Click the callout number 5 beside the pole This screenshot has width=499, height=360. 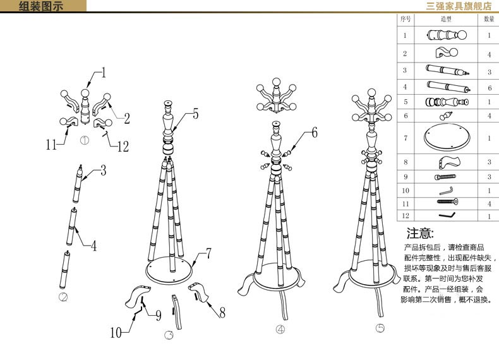coord(196,114)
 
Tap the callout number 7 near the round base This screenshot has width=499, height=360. coord(208,253)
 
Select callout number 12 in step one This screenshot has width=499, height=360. coord(123,147)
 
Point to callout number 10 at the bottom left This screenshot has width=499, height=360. coord(116,333)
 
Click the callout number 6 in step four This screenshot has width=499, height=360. coord(315,133)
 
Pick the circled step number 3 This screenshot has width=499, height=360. coord(169,335)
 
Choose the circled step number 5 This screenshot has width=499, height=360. coord(380,328)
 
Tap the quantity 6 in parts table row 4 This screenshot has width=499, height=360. coord(490,88)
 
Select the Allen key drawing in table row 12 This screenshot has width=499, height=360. coord(447,215)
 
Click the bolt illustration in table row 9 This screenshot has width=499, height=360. coord(445,177)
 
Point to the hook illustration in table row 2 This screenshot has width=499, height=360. coord(447,52)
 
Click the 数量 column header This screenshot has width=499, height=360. coord(489,19)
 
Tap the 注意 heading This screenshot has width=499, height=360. coord(420,233)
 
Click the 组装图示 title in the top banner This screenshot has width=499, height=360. coord(40,6)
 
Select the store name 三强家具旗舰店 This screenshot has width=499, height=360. coord(459,6)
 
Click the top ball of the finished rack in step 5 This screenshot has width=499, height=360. coord(371,93)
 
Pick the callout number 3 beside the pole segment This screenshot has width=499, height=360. coord(103,171)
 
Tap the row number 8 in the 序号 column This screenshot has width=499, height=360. coord(406,162)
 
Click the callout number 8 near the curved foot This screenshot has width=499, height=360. coord(222,313)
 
